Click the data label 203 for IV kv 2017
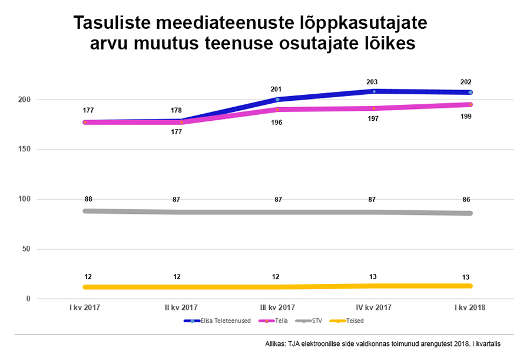click(x=372, y=82)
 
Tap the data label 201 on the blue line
click(x=277, y=90)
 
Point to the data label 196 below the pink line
click(x=277, y=123)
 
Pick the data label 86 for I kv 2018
click(x=466, y=200)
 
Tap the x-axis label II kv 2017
click(x=181, y=308)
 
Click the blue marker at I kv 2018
click(x=470, y=93)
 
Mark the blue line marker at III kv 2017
click(x=277, y=100)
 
